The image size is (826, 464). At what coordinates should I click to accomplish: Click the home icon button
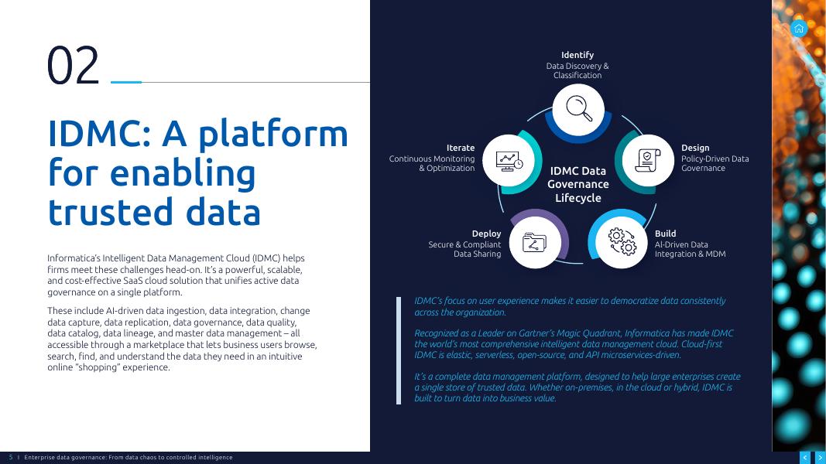799,29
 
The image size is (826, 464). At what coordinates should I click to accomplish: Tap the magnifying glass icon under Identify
578,107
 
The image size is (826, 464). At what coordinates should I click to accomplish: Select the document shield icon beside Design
648,160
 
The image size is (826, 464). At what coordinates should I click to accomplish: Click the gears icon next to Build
622,241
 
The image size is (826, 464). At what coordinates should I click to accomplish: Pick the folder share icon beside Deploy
535,243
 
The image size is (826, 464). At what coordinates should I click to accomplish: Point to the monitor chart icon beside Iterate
509,161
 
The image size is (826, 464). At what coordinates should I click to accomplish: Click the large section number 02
74,65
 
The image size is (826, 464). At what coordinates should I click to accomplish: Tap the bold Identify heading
578,55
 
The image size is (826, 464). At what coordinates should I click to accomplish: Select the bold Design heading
695,148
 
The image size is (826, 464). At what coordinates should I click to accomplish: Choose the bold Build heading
665,233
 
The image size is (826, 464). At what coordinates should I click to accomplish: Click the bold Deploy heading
486,234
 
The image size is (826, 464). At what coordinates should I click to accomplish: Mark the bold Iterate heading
461,148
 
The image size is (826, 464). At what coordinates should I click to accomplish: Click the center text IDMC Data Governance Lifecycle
578,184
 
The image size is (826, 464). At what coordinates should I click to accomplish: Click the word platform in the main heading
272,133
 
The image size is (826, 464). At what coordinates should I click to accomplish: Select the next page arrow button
820,458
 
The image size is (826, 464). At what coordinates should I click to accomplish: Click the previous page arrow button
805,458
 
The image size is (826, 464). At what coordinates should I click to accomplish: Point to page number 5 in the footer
11,457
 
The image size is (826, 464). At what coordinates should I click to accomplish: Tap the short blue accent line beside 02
126,82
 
